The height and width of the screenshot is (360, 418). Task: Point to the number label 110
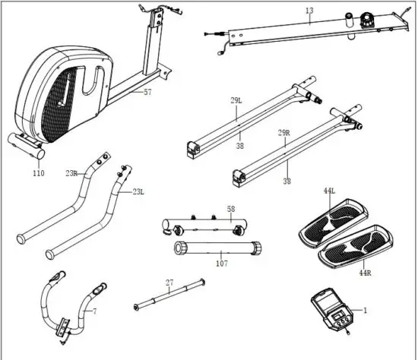pyautogui.click(x=39, y=173)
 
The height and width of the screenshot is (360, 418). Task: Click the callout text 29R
pyautogui.click(x=283, y=132)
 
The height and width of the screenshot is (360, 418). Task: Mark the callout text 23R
pyautogui.click(x=71, y=173)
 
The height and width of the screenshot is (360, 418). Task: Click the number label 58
pyautogui.click(x=232, y=208)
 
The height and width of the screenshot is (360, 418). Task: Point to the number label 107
pyautogui.click(x=221, y=265)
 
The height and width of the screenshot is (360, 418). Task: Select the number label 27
pyautogui.click(x=170, y=282)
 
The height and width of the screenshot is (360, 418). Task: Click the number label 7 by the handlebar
pyautogui.click(x=94, y=312)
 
